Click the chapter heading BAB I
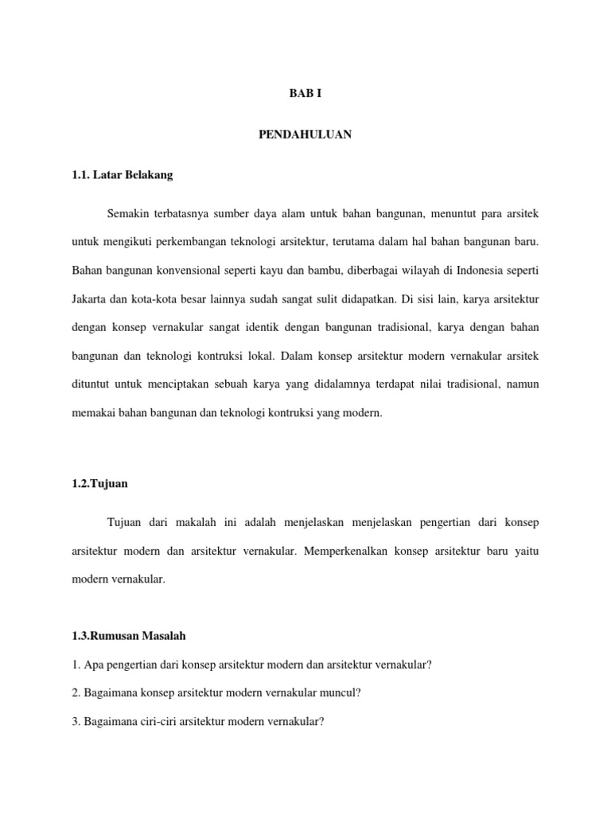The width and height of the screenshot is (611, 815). (x=305, y=94)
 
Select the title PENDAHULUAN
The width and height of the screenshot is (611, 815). (x=305, y=135)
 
